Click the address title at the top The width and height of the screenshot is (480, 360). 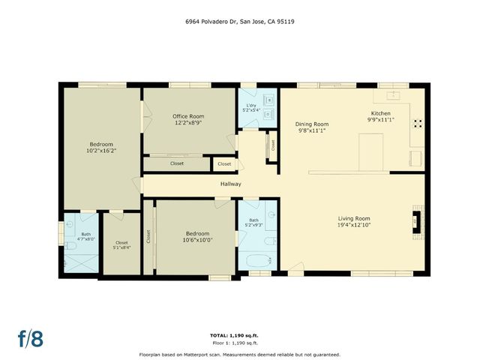pyautogui.click(x=239, y=22)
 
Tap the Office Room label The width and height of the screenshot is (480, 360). pyautogui.click(x=188, y=116)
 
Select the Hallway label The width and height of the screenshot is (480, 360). pyautogui.click(x=230, y=184)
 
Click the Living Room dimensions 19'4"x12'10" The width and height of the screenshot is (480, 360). pyautogui.click(x=353, y=224)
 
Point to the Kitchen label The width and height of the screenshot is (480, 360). pyautogui.click(x=381, y=113)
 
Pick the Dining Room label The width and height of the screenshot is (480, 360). pyautogui.click(x=312, y=124)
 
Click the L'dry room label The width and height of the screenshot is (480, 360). pyautogui.click(x=249, y=105)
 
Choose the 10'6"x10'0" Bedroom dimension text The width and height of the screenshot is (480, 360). pyautogui.click(x=197, y=240)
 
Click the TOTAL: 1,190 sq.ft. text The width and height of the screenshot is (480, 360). pyautogui.click(x=239, y=334)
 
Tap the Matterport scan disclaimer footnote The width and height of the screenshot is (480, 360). pyautogui.click(x=239, y=354)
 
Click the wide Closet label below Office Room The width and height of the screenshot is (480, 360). pyautogui.click(x=177, y=163)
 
